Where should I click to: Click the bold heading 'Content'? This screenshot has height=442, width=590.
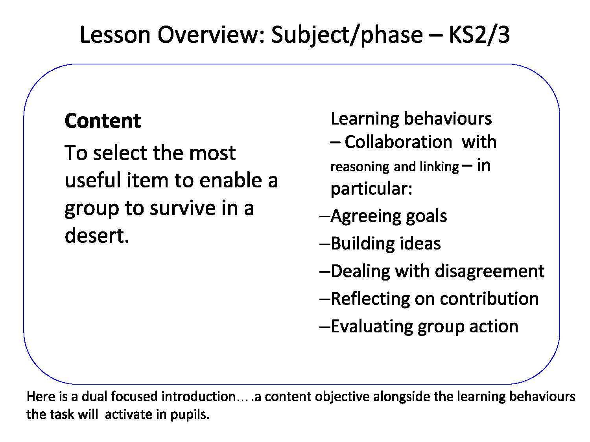103,121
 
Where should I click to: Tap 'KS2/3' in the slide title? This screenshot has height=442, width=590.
479,35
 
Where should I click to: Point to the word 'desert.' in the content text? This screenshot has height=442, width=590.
97,235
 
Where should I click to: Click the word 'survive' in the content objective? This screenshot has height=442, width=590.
183,208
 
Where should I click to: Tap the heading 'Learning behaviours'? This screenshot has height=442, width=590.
411,119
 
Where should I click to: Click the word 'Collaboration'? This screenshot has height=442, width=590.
398,142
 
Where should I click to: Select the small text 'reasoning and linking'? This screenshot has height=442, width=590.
395,167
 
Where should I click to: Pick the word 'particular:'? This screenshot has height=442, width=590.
371,189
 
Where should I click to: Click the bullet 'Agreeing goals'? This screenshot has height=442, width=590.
389,216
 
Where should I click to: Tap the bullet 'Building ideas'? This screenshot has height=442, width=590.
386,244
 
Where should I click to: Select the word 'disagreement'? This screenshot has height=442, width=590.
489,271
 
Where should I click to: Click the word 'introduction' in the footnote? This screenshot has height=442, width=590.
199,396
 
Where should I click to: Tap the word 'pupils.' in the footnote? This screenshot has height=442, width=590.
190,414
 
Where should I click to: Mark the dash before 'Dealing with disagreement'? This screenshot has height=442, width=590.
325,271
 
